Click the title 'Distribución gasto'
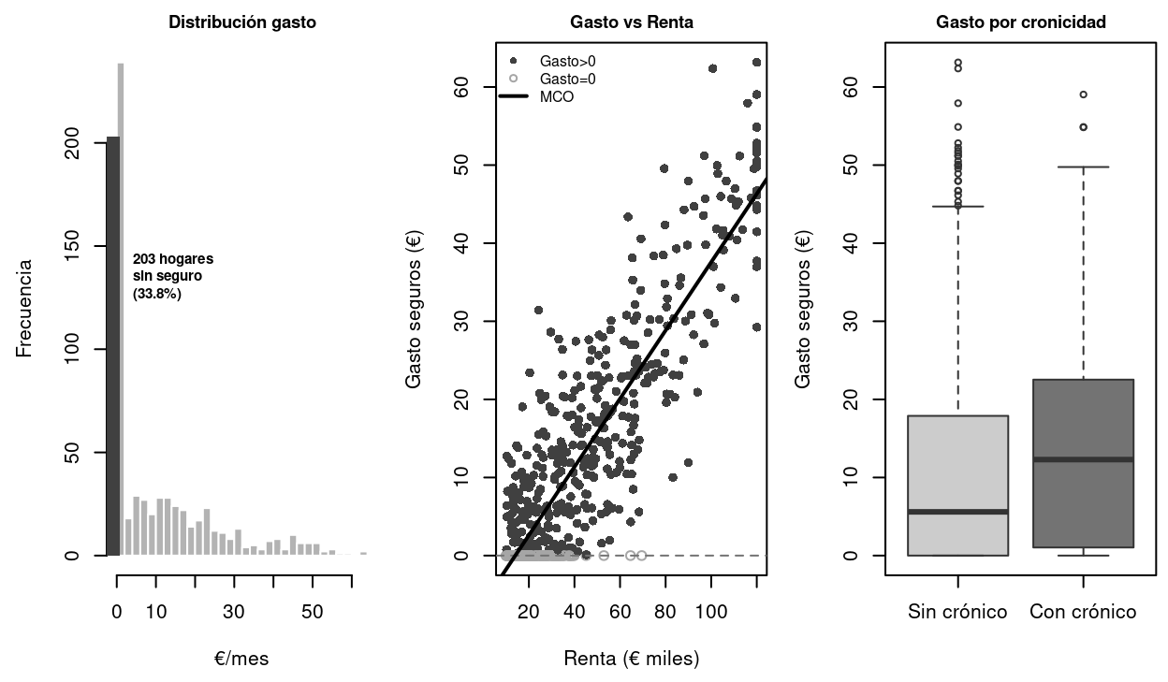(241, 22)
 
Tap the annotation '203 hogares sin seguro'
(173, 276)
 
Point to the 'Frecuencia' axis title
(25, 309)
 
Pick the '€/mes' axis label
(241, 659)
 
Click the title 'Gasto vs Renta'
(632, 22)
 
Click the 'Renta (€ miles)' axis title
(632, 659)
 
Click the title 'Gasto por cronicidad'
(1021, 22)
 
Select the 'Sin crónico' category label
(957, 612)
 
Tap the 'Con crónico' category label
(1083, 612)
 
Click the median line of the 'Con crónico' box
(1083, 459)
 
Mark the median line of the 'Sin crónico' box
(957, 512)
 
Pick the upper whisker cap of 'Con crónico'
(1083, 167)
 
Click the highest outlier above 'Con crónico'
(1083, 94)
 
